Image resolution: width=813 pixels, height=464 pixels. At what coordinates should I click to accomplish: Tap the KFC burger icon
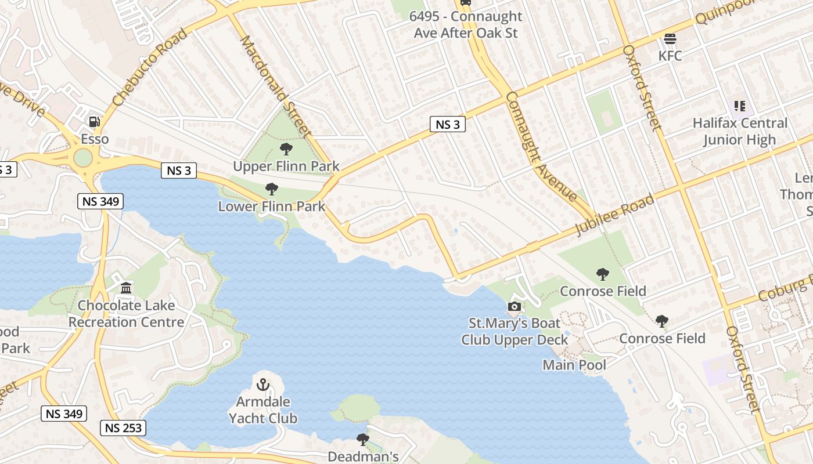tap(670, 39)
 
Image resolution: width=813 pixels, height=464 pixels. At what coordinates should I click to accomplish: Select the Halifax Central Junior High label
tap(740, 132)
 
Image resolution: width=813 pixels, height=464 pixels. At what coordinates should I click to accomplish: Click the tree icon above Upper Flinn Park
tap(286, 149)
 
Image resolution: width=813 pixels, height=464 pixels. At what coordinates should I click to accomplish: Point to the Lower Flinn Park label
tap(271, 206)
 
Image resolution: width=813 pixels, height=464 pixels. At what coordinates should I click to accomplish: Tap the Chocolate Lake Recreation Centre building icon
tap(126, 288)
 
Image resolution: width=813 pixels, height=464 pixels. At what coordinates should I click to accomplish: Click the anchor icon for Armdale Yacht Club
tap(263, 384)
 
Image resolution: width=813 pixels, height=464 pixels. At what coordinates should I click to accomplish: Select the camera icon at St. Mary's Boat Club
tap(514, 306)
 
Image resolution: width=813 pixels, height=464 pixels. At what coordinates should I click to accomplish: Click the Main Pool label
tap(574, 365)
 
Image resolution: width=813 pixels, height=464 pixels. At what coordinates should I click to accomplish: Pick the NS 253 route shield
tap(123, 428)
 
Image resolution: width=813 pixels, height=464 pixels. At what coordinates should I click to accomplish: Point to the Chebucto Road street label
tap(151, 67)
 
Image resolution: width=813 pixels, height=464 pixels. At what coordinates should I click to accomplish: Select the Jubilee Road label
tap(614, 215)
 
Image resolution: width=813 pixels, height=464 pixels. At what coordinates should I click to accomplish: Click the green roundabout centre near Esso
tap(83, 157)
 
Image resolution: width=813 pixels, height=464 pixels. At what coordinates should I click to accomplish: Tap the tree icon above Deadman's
tap(363, 439)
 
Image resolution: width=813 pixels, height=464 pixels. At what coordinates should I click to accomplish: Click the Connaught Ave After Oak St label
tap(466, 24)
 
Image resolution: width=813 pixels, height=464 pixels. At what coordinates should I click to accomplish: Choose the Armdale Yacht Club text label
tap(263, 410)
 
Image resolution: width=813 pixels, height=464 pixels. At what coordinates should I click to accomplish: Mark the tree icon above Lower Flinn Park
tap(271, 188)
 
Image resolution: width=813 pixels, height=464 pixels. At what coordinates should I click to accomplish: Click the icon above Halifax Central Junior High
tap(739, 106)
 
